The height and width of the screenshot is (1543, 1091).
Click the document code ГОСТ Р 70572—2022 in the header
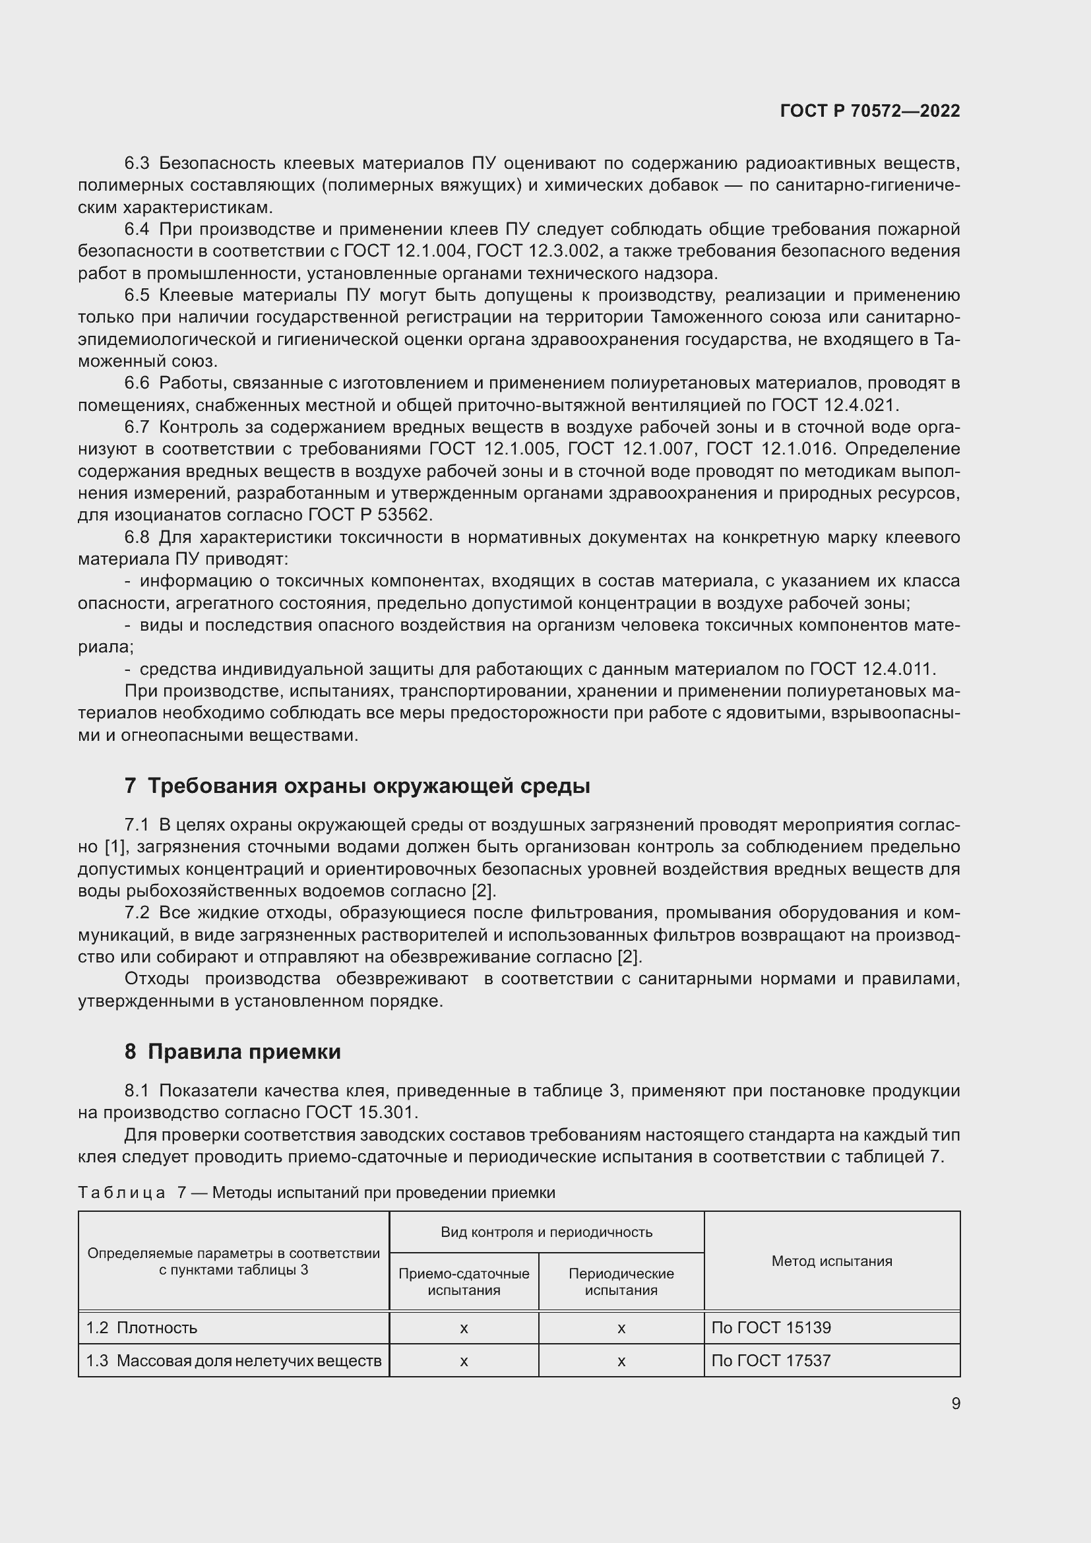(870, 111)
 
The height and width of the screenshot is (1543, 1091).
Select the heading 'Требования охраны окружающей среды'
(368, 786)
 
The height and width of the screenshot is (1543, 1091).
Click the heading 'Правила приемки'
(244, 1051)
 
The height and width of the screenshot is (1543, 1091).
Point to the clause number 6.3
(137, 164)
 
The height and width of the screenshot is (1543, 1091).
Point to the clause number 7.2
(137, 912)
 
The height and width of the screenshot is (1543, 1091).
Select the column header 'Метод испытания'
(832, 1261)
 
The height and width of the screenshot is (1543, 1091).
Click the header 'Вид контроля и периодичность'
(546, 1232)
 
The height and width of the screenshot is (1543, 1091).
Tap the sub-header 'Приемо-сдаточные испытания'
(464, 1282)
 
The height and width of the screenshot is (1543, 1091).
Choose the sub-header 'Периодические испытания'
(621, 1282)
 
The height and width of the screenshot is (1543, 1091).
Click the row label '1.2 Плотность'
(142, 1328)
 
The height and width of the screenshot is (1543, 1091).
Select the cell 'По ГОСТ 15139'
(770, 1328)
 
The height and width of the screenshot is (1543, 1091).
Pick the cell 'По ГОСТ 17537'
(770, 1361)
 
